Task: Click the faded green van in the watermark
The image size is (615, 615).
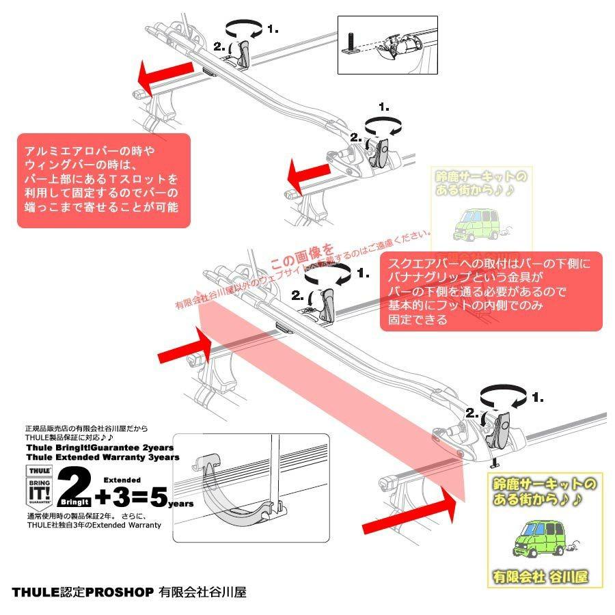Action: (479, 223)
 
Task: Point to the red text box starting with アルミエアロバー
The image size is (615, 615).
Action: (103, 181)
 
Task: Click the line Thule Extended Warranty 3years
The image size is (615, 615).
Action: (102, 457)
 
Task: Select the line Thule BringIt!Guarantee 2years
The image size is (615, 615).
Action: (102, 448)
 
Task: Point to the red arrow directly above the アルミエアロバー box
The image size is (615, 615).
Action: (165, 74)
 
